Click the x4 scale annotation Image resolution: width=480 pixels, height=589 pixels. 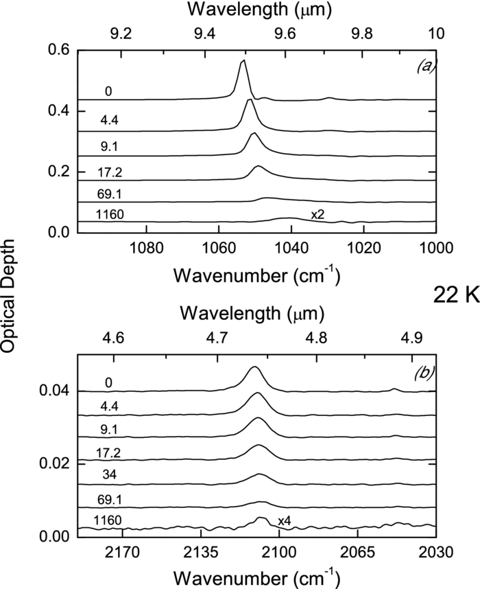point(285,522)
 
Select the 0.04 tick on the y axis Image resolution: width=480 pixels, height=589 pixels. point(55,391)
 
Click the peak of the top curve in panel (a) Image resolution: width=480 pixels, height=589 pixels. point(243,61)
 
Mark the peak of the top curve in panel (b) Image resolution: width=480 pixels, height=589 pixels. point(254,367)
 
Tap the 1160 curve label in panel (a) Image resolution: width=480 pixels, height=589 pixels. point(110,215)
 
